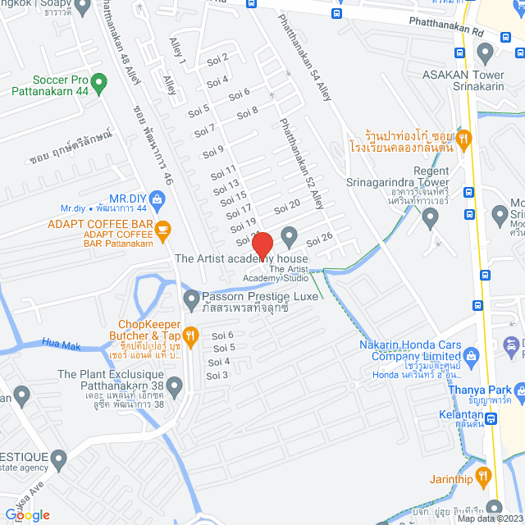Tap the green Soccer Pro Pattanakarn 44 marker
click(x=99, y=82)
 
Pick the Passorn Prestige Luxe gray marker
click(x=191, y=297)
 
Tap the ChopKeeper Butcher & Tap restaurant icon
click(x=190, y=334)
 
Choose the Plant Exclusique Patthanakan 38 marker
click(x=174, y=386)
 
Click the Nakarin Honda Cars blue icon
click(x=471, y=355)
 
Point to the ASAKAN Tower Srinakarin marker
click(x=485, y=55)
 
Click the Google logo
click(x=26, y=514)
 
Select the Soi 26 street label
click(x=320, y=239)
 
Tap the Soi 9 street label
click(x=213, y=150)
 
